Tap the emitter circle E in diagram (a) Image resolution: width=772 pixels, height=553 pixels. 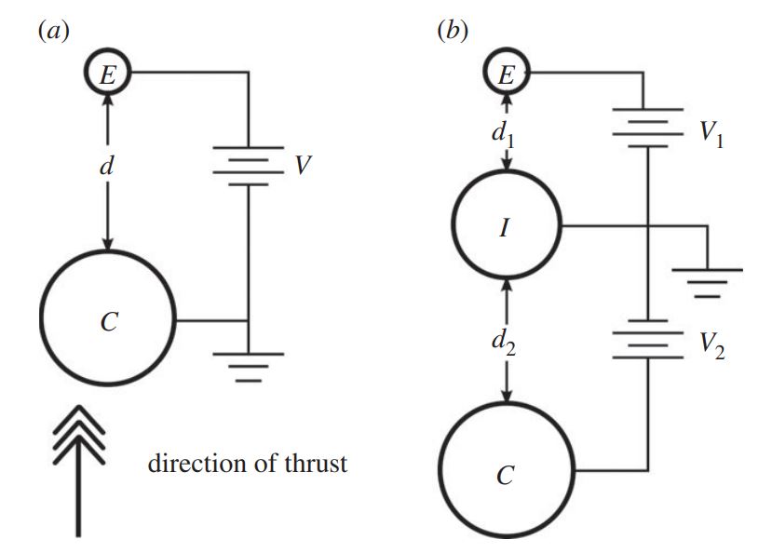click(108, 75)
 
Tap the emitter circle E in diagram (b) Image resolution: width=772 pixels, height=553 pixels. click(506, 75)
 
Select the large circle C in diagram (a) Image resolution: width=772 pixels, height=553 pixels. click(108, 321)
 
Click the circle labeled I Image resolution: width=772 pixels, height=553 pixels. click(505, 227)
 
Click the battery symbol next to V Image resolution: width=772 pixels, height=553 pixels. click(248, 168)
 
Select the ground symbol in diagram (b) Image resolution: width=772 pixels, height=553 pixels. click(708, 282)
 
